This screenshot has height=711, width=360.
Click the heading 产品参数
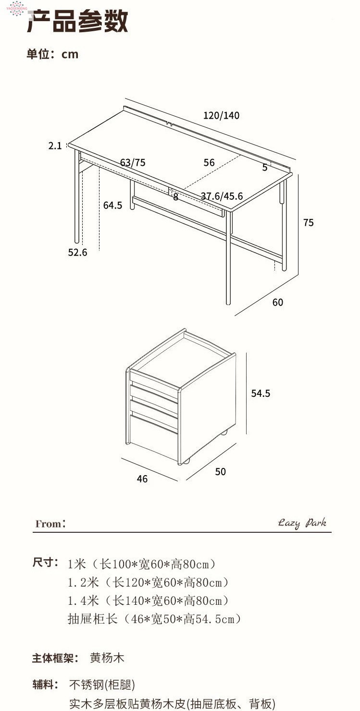[x=77, y=22]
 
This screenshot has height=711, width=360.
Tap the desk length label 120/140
[x=221, y=116]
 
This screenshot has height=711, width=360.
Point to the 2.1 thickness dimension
[x=55, y=146]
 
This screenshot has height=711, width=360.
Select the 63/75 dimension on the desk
[x=133, y=162]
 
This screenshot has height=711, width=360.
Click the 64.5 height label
[x=112, y=206]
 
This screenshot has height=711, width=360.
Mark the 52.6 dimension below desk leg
[x=77, y=252]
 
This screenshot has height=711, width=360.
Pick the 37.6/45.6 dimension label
[x=222, y=196]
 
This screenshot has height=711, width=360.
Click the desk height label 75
[x=308, y=222]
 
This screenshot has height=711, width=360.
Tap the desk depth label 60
[x=278, y=302]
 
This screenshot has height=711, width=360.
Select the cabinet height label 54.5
[x=261, y=393]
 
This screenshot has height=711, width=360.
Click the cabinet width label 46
[x=142, y=479]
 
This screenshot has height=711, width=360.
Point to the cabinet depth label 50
[x=220, y=472]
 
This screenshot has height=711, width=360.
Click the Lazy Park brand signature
[x=302, y=523]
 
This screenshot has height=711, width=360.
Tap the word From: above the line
[x=50, y=524]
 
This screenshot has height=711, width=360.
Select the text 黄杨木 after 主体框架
[x=107, y=658]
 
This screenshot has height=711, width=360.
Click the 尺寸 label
[x=45, y=563]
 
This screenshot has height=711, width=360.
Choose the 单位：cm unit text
[x=52, y=54]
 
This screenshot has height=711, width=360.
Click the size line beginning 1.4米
[x=148, y=601]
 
